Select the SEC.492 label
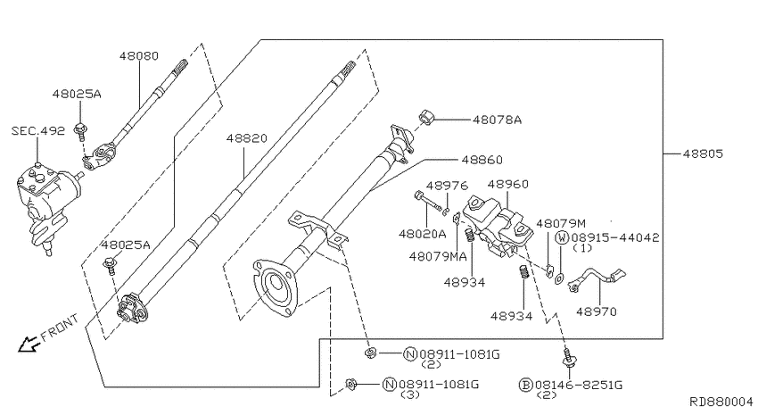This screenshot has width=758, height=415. pyautogui.click(x=37, y=130)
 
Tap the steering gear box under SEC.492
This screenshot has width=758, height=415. pyautogui.click(x=45, y=200)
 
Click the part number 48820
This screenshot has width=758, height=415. pyautogui.click(x=246, y=139)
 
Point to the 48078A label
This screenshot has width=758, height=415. pyautogui.click(x=497, y=119)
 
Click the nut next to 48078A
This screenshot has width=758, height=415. pyautogui.click(x=427, y=118)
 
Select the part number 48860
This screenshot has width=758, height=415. pyautogui.click(x=482, y=160)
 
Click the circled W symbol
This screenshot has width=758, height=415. pyautogui.click(x=563, y=237)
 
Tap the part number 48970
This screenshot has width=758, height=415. pyautogui.click(x=597, y=312)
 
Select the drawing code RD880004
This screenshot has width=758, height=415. pyautogui.click(x=721, y=403)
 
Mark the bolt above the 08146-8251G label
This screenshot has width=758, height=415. pyautogui.click(x=567, y=359)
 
